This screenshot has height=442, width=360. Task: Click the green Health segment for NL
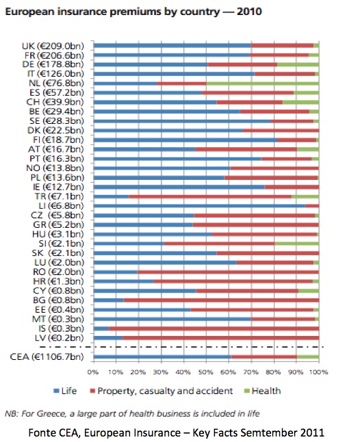tap(262, 83)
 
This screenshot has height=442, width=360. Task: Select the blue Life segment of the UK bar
tap(172, 45)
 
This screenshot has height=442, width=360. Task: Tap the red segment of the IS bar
tap(214, 328)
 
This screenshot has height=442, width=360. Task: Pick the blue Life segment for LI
tap(200, 206)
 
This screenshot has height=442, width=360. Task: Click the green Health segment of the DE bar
tap(298, 64)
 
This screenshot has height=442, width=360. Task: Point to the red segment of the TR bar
tap(210, 196)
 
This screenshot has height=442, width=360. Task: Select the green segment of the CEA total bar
tap(308, 357)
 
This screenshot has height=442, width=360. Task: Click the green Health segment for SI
tap(297, 244)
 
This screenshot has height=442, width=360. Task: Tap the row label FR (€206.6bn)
tap(54, 55)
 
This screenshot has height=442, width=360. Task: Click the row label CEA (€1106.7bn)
tap(47, 357)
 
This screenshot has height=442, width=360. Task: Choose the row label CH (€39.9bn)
tap(55, 102)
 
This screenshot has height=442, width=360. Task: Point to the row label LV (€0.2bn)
tap(59, 338)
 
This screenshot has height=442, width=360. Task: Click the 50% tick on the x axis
tap(205, 372)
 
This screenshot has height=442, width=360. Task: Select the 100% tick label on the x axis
tap(318, 372)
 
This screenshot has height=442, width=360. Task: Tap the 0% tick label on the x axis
tap(93, 372)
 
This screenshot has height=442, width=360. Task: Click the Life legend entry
tap(65, 391)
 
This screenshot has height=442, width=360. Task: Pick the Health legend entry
tap(262, 391)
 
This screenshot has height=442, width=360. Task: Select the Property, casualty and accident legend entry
tap(162, 391)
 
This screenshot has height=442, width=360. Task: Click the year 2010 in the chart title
tap(249, 12)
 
